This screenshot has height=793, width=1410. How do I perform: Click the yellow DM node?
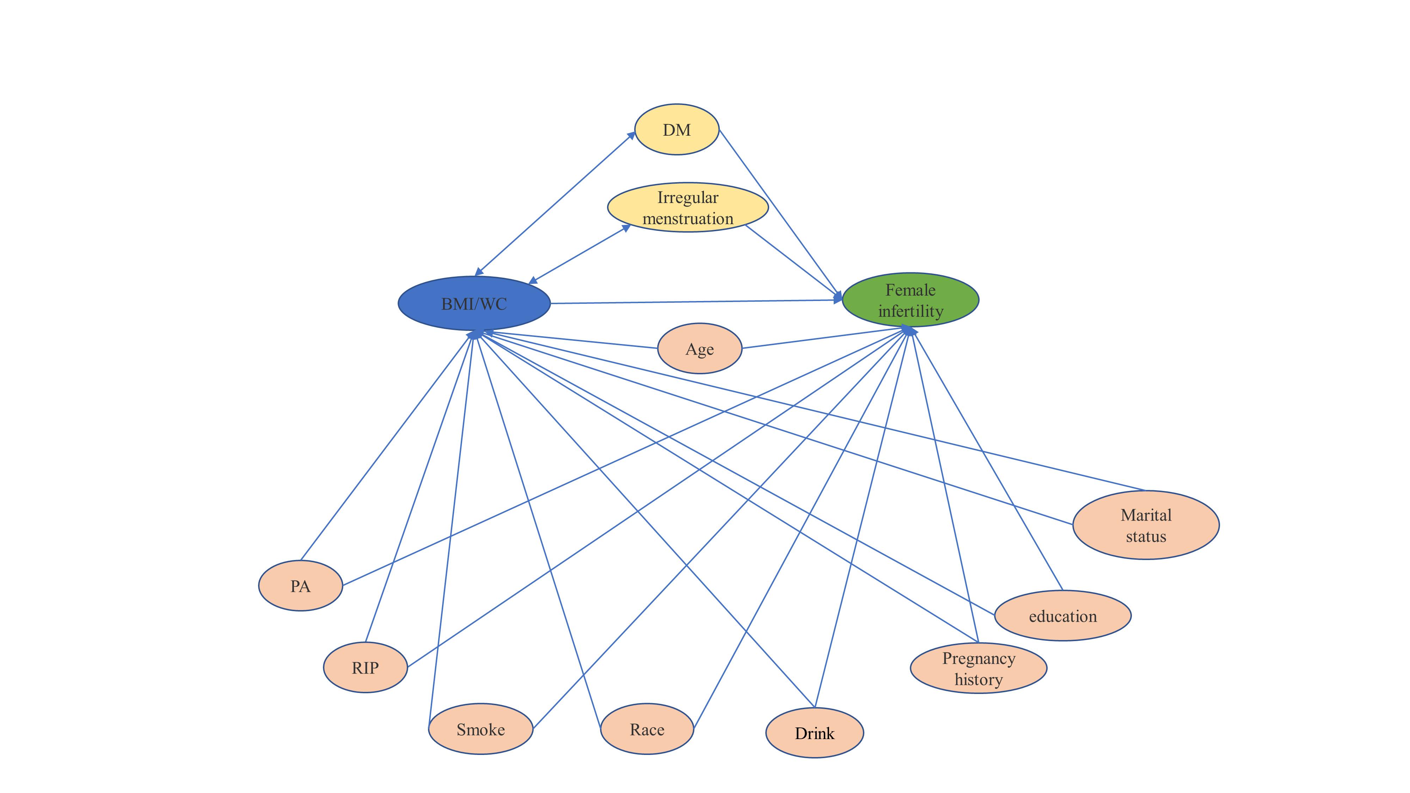[676, 130]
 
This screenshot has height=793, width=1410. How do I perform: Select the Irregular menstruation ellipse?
[688, 208]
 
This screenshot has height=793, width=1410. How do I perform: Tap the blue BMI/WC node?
[474, 303]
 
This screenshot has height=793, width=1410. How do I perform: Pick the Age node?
[699, 349]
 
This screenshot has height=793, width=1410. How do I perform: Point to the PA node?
[300, 585]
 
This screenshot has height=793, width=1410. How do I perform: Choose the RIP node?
[366, 667]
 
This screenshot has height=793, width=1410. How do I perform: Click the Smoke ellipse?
[480, 729]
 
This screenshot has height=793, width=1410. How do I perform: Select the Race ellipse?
[647, 729]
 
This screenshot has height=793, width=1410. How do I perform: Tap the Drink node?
[815, 733]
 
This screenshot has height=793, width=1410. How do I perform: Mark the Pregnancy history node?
[979, 668]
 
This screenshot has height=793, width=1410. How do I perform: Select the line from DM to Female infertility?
[780, 215]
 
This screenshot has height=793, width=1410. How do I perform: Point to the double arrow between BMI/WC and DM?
[555, 204]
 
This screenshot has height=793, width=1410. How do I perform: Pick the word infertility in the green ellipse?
[911, 311]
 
